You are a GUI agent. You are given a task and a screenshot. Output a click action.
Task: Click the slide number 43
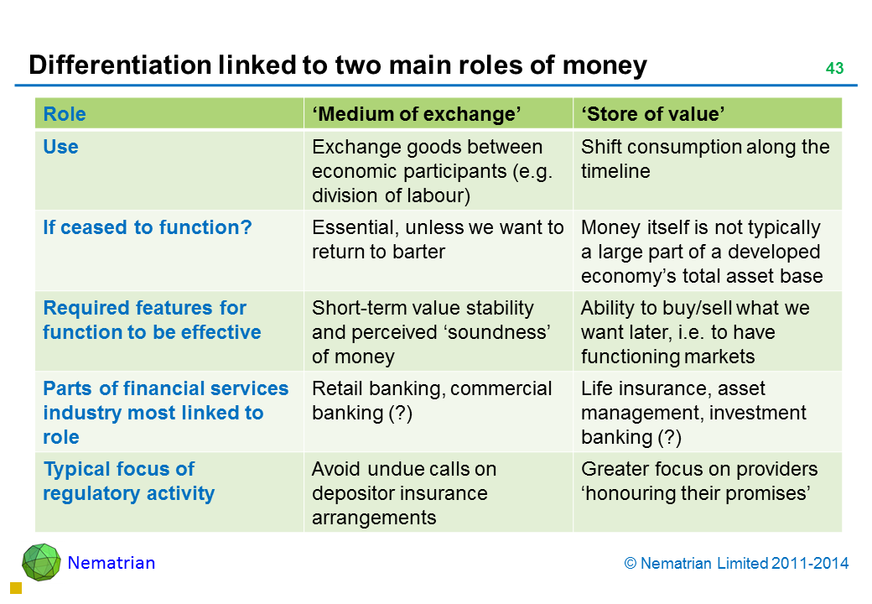(834, 68)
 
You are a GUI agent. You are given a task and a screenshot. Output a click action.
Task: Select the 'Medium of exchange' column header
(417, 114)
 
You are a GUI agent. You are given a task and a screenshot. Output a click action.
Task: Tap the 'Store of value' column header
(653, 114)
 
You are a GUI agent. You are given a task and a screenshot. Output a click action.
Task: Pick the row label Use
(60, 147)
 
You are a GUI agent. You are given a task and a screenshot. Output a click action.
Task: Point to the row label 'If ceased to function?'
(148, 226)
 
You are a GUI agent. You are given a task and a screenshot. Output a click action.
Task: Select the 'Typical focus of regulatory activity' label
(128, 481)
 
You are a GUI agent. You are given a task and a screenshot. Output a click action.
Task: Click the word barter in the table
(418, 252)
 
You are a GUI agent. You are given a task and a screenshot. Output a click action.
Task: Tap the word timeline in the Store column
(615, 171)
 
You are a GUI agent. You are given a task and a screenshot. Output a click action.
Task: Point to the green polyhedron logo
(41, 562)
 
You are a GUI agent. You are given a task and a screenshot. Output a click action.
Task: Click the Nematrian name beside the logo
(112, 563)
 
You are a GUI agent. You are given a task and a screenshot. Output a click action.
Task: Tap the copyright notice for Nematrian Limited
(736, 564)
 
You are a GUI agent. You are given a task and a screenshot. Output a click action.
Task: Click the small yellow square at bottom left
(16, 588)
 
